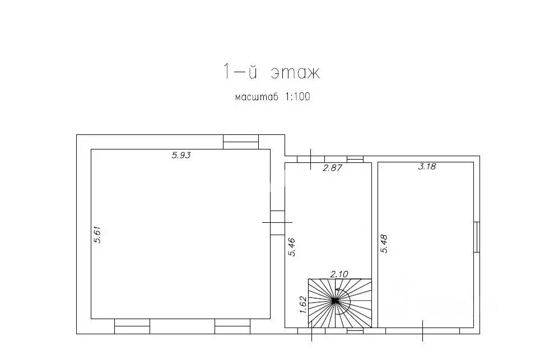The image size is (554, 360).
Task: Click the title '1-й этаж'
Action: (271, 72)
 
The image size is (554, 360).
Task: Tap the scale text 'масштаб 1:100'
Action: (272, 96)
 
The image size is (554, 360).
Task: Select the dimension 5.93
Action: (181, 155)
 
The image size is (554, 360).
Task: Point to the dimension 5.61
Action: (97, 235)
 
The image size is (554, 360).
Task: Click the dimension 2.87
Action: (333, 168)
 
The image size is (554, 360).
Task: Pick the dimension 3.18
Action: (427, 166)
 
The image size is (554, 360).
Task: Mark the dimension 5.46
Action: (291, 247)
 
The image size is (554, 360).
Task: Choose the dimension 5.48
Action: (384, 244)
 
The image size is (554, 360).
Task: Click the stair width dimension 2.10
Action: (339, 274)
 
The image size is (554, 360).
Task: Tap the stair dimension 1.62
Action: (303, 305)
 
